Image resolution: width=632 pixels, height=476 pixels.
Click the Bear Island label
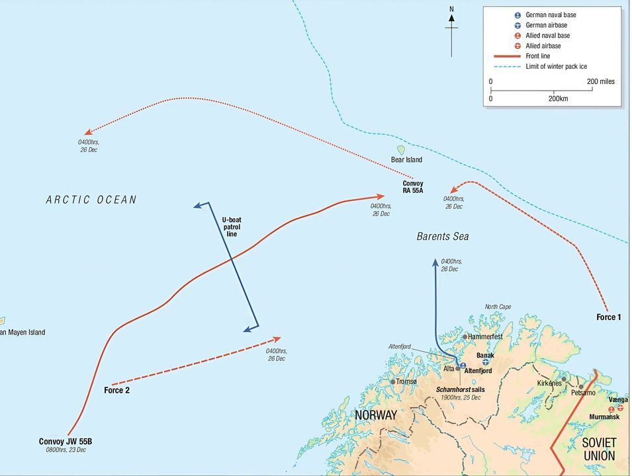click(406, 160)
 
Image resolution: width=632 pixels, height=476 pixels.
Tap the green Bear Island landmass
click(400, 151)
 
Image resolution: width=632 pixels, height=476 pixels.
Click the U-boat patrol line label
click(232, 226)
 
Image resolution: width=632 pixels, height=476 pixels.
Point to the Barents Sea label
click(443, 236)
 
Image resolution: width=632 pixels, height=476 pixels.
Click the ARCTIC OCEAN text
click(91, 200)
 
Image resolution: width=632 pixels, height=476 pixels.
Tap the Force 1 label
click(609, 317)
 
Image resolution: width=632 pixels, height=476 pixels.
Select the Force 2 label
click(116, 390)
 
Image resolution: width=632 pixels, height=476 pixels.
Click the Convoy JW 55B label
click(66, 442)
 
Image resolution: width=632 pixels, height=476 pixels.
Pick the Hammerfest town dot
click(465, 337)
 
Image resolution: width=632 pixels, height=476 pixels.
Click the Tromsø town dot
click(393, 381)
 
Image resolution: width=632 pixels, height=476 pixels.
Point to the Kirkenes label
click(549, 383)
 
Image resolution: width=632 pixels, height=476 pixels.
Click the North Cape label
click(498, 307)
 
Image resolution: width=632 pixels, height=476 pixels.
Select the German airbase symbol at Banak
click(486, 363)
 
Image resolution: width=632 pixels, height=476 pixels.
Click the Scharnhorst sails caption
click(461, 389)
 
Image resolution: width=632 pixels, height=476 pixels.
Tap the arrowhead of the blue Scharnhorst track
click(435, 262)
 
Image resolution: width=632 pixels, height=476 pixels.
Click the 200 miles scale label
click(601, 81)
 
